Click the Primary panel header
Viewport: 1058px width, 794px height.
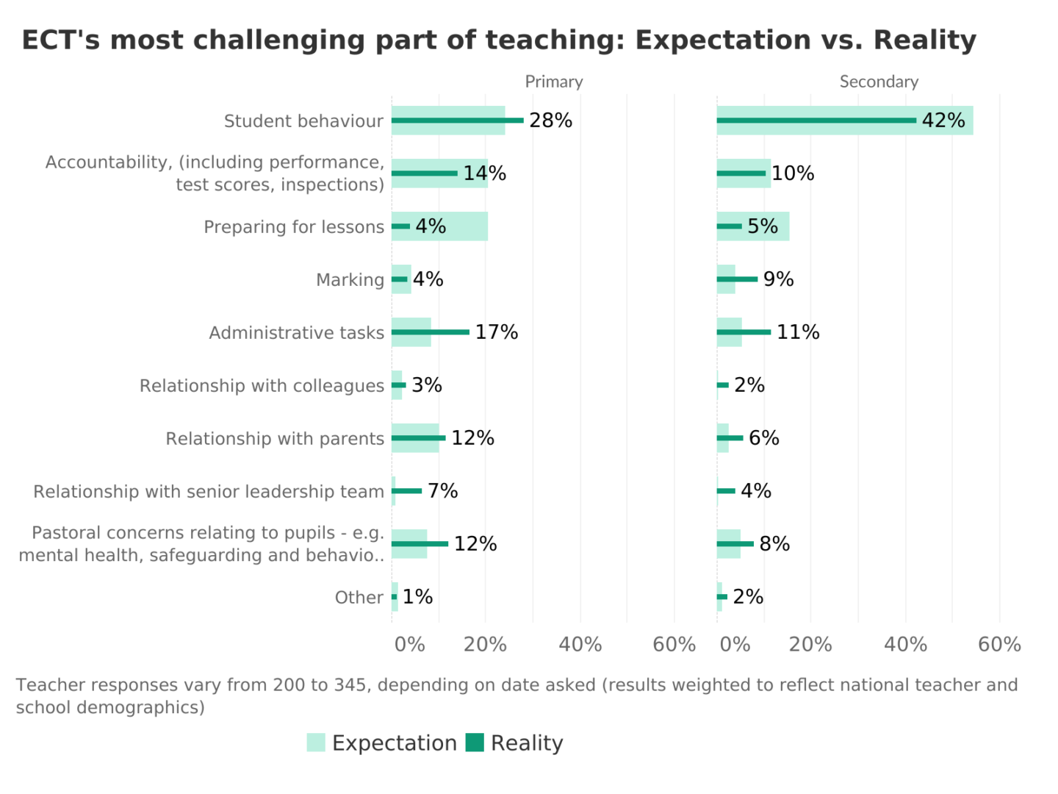coord(553,82)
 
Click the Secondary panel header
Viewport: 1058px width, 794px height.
coord(879,82)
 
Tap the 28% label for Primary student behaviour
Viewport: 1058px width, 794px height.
coord(550,121)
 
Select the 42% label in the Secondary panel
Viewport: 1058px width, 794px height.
coord(943,121)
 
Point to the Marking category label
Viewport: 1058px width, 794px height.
coord(350,280)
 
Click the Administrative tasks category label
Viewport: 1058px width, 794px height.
coord(296,333)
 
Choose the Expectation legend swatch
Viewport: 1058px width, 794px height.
coord(316,743)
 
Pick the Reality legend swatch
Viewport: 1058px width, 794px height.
coord(475,743)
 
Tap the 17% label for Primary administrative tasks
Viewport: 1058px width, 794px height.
coord(497,332)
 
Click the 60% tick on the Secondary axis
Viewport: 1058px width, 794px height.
coord(999,645)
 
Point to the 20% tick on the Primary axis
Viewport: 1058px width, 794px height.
coord(485,645)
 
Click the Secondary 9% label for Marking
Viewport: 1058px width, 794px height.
coord(778,279)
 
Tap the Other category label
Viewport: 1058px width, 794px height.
coord(359,598)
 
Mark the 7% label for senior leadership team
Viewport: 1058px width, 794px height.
coord(442,491)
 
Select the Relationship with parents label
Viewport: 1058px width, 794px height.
coord(275,439)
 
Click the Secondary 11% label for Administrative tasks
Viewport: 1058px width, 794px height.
coord(798,332)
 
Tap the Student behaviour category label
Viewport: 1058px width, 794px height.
coord(303,121)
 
